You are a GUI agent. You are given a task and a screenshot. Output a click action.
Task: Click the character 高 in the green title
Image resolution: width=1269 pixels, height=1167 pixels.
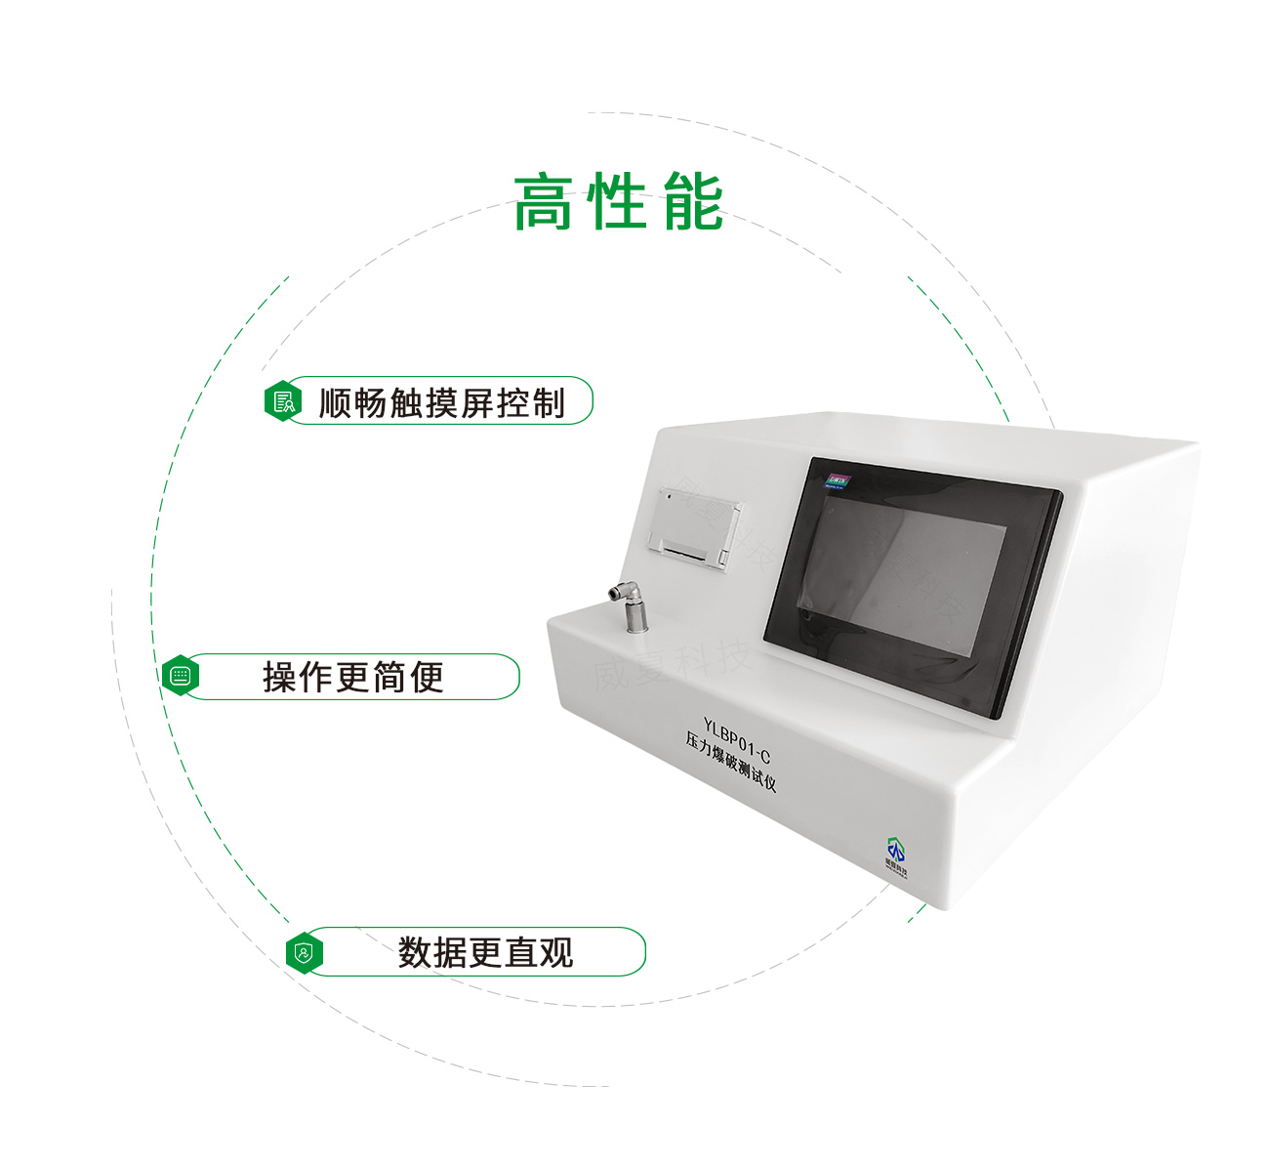[x=544, y=203]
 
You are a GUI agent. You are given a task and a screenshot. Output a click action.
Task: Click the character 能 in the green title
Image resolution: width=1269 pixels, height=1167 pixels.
[x=693, y=203]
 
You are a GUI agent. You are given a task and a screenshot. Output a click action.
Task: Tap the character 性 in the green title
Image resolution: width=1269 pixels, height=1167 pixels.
[x=619, y=203]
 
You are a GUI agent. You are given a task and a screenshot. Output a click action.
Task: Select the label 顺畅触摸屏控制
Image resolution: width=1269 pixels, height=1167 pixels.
[x=441, y=402]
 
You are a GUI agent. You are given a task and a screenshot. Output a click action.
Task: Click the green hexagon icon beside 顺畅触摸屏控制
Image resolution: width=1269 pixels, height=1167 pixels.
[x=282, y=401]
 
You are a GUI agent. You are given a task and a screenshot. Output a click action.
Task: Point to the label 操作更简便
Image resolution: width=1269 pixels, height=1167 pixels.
[x=353, y=677]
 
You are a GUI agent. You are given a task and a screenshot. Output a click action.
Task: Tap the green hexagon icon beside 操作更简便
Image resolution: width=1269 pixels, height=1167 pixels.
[x=180, y=676]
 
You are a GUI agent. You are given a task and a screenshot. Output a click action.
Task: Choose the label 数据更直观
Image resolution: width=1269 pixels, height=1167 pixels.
[x=485, y=952]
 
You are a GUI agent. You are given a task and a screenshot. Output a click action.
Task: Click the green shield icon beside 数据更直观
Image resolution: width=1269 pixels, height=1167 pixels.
[x=305, y=952]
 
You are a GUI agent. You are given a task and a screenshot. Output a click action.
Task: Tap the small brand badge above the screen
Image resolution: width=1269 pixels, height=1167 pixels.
[x=838, y=479]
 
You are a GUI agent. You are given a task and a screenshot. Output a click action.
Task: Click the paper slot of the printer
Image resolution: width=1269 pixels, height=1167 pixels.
[x=687, y=554]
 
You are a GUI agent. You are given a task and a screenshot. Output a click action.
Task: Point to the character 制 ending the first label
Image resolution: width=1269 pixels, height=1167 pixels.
[x=549, y=402]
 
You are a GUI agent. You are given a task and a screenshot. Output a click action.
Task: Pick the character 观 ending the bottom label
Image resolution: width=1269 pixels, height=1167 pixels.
[x=556, y=952]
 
